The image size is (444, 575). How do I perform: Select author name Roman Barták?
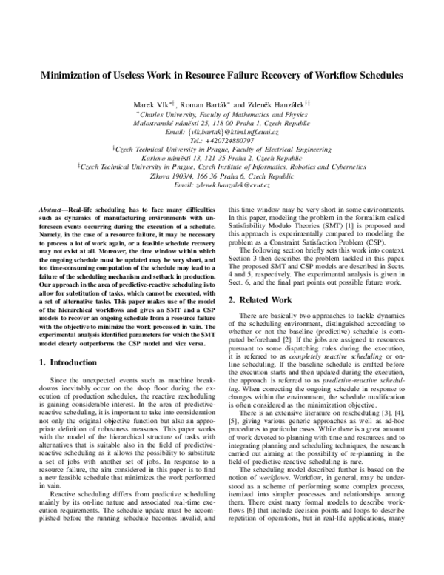(x=202, y=103)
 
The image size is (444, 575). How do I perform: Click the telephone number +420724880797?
(x=222, y=139)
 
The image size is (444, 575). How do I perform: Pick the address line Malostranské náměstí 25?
(x=189, y=122)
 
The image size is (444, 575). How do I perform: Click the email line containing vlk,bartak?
(x=222, y=130)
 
